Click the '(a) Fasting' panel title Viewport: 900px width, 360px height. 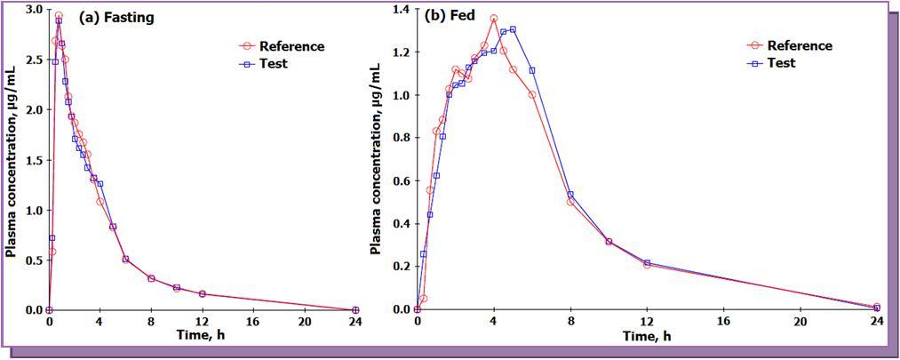[x=116, y=17]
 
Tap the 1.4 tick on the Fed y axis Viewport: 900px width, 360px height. [x=401, y=9]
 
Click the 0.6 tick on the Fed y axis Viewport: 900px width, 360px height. [x=401, y=180]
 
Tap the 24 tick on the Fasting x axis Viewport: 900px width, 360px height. [x=355, y=321]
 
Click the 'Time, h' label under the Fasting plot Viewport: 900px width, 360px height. [x=202, y=335]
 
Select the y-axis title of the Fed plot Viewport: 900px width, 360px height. [x=378, y=160]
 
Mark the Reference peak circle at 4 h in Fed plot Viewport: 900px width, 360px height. [x=494, y=19]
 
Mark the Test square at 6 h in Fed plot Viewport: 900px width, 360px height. [x=532, y=71]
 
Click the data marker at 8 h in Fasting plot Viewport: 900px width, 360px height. [x=151, y=278]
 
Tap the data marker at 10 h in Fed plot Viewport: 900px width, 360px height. [x=609, y=241]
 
